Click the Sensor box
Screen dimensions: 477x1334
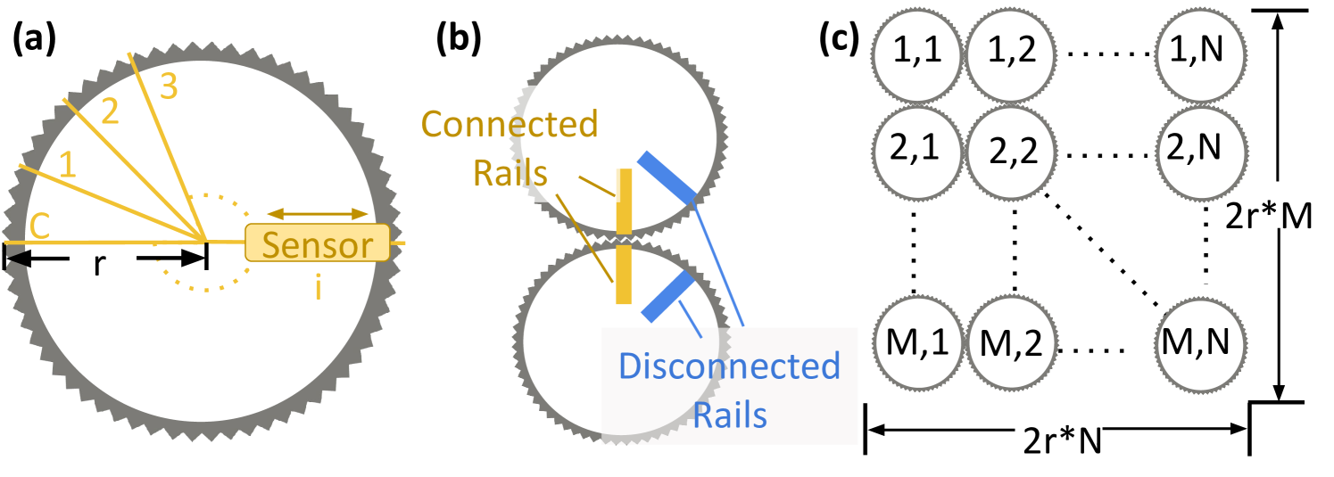tap(318, 243)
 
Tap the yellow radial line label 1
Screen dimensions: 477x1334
tap(67, 164)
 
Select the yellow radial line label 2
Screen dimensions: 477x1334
tap(110, 111)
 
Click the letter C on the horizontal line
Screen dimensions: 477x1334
tap(39, 227)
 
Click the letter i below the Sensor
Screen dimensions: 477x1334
tap(318, 287)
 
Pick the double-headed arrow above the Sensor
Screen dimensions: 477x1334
tap(318, 214)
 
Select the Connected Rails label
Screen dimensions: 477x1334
tap(509, 147)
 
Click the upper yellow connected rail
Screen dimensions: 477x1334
tap(625, 201)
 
